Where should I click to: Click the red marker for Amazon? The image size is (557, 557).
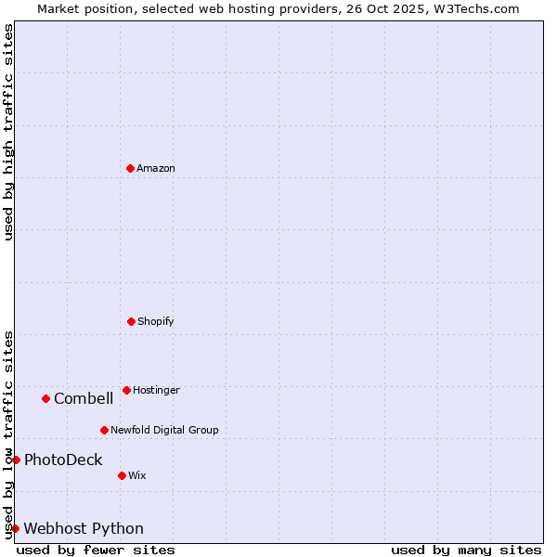[x=131, y=168]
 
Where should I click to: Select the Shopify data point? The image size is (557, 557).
[x=131, y=321]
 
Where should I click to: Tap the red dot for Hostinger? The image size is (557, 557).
[x=126, y=390]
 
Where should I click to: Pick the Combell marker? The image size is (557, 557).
[x=45, y=398]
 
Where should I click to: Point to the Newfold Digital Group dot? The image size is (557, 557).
[x=104, y=430]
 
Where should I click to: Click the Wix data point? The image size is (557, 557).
[x=122, y=475]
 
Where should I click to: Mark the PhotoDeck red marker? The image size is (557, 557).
[x=16, y=460]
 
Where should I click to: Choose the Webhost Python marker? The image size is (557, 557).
[x=16, y=528]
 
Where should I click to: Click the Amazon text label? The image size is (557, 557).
[x=156, y=169]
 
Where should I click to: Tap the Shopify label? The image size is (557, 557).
[x=156, y=322]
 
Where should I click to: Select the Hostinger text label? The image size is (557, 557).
[x=156, y=391]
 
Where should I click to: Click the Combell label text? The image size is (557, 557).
[x=84, y=399]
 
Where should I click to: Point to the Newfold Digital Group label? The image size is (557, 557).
[x=164, y=431]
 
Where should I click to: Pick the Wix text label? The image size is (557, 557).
[x=137, y=476]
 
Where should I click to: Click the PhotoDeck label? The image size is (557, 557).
[x=63, y=460]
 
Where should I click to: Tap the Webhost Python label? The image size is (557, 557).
[x=84, y=529]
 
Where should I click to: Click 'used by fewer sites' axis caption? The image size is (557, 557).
[x=96, y=550]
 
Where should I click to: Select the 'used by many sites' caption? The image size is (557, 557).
[x=466, y=550]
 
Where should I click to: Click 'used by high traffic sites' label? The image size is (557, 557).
[x=8, y=132]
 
